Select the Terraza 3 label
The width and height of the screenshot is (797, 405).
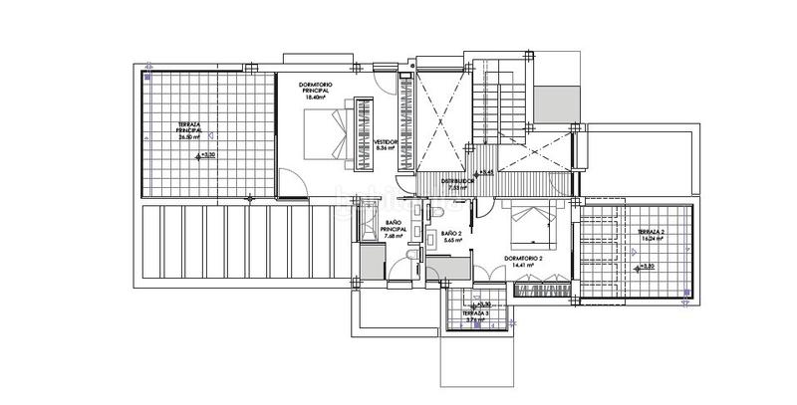476,313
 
